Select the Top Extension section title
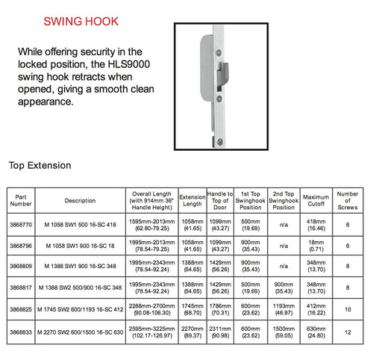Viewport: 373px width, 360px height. (x=40, y=164)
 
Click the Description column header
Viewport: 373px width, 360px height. (x=80, y=200)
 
